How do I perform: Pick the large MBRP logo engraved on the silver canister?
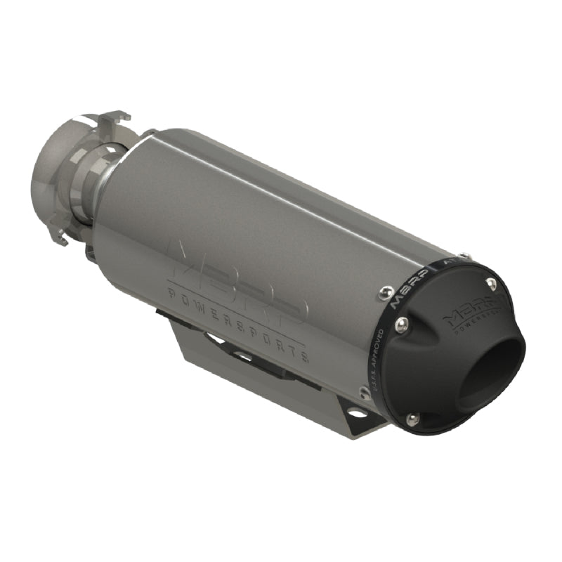[x=232, y=277]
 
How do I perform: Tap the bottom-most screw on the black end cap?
[x=413, y=419]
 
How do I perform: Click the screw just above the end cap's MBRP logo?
[x=491, y=284]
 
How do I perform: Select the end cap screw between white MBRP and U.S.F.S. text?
[x=401, y=324]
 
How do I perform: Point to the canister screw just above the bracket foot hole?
[x=364, y=393]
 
